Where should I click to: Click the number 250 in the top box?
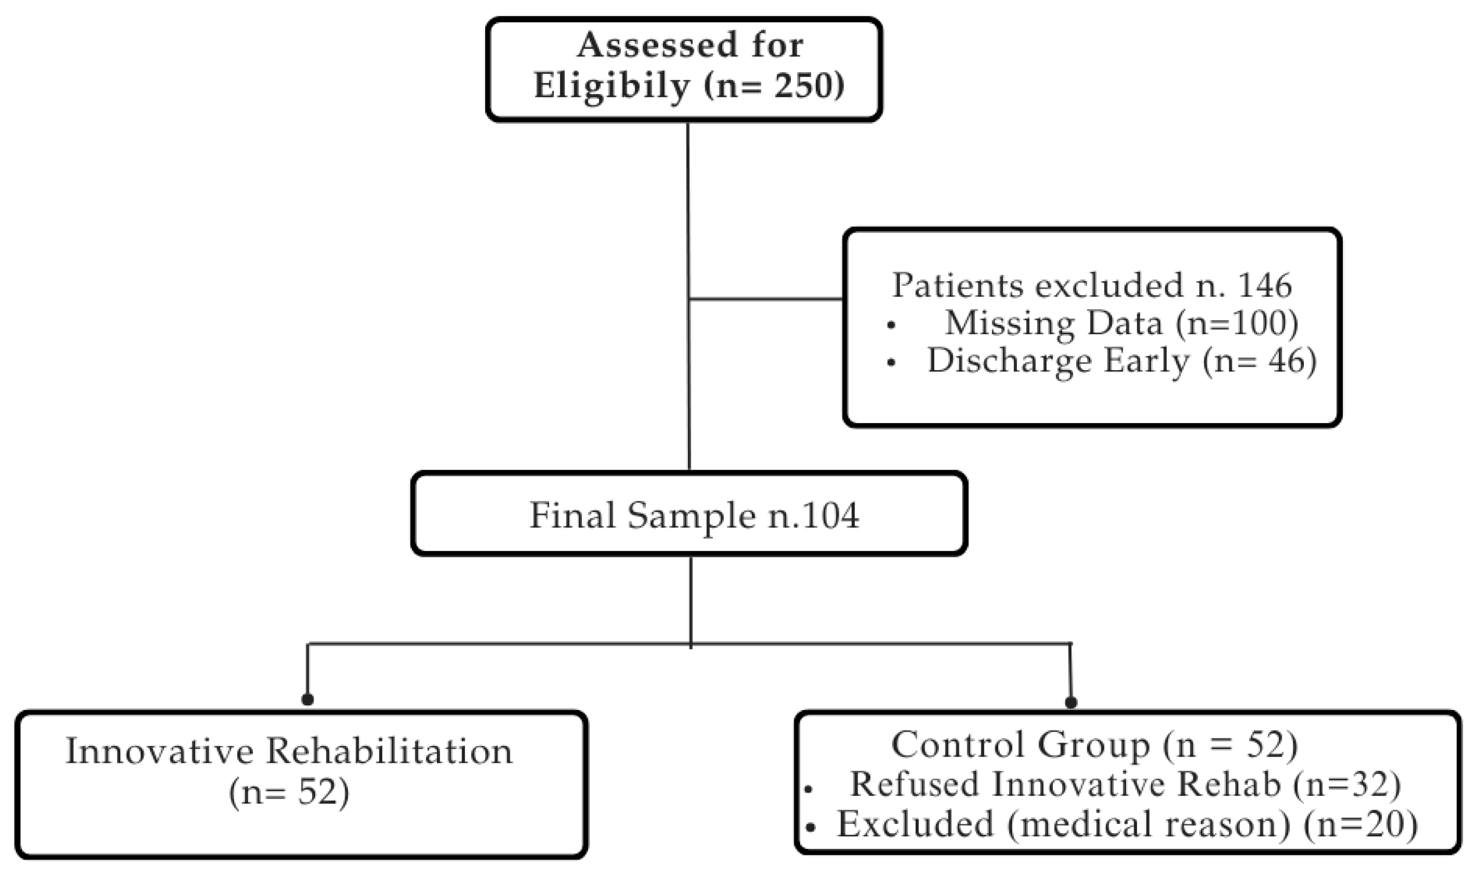point(802,86)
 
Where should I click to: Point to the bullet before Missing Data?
point(891,325)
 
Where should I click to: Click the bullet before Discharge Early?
point(891,364)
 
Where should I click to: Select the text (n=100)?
point(1236,324)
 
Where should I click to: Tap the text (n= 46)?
point(1259,361)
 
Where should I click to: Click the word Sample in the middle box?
point(691,516)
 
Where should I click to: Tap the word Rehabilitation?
point(390,751)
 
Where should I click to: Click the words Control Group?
point(1020,745)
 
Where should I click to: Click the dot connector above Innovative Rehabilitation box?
point(307,700)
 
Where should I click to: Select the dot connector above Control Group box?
point(1071,702)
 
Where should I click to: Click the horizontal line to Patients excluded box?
point(766,299)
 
